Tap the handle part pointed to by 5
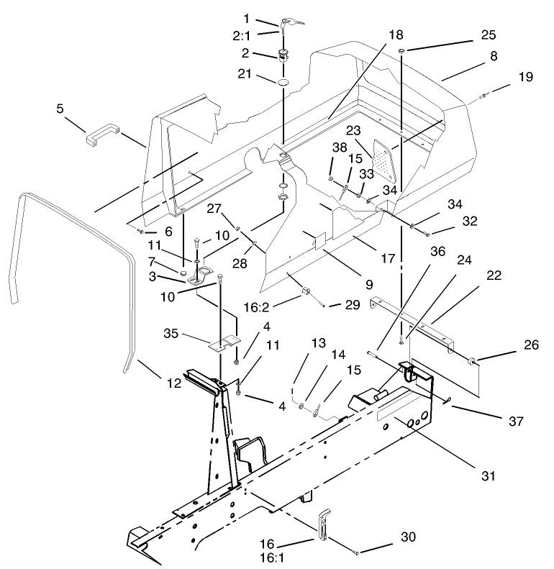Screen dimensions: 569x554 pos(100,135)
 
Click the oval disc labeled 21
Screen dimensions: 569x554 pos(283,84)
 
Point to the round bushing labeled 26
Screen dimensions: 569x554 pos(473,360)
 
